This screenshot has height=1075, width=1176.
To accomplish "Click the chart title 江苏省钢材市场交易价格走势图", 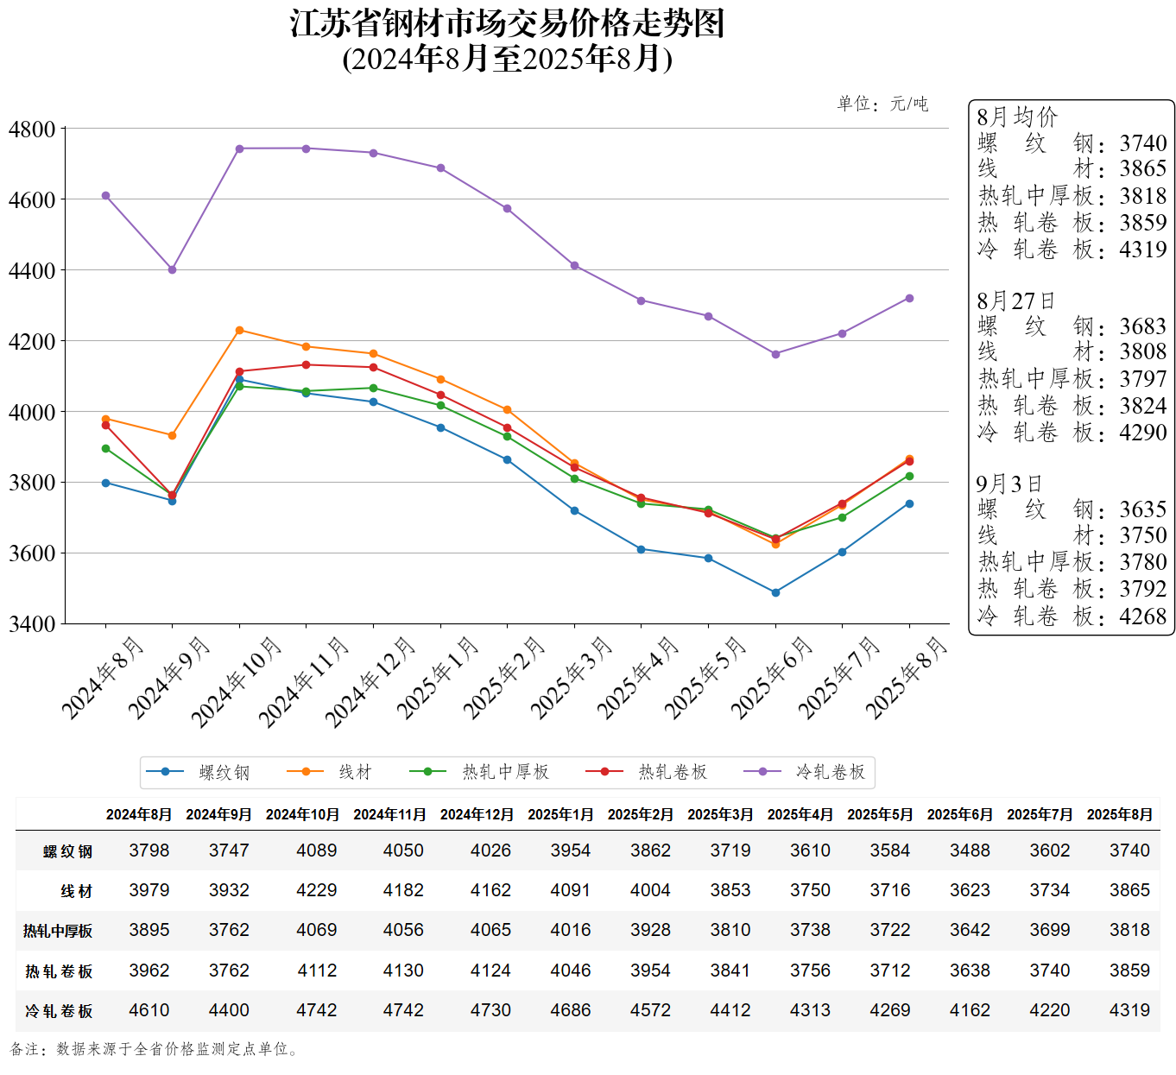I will click(x=507, y=24).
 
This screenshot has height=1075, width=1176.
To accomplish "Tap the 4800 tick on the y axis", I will click(x=32, y=130).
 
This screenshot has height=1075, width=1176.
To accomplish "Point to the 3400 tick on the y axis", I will click(x=32, y=623).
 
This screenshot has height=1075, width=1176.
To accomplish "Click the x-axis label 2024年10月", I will click(x=236, y=682).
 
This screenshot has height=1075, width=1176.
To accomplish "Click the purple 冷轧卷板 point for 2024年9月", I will click(x=173, y=269).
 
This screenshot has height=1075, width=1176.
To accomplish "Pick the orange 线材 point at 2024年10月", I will click(x=239, y=330).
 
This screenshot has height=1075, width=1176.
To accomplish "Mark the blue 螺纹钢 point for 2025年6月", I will click(x=775, y=592).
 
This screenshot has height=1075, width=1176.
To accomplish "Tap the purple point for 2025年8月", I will click(x=909, y=299).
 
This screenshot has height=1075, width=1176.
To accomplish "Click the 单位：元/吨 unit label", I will click(x=882, y=104).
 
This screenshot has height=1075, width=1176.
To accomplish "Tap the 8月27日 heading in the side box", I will click(x=1016, y=301).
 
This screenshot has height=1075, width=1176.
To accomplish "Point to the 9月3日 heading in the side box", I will click(x=1009, y=484).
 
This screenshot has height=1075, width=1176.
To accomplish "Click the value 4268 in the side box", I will click(x=1143, y=617).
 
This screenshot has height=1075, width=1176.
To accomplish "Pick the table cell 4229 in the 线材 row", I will click(x=317, y=890).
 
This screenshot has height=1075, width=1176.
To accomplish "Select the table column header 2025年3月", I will click(x=720, y=814).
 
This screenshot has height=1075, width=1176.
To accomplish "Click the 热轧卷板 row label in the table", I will click(x=59, y=971).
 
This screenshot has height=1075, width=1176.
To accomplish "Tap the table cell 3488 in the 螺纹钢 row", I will click(x=970, y=851).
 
